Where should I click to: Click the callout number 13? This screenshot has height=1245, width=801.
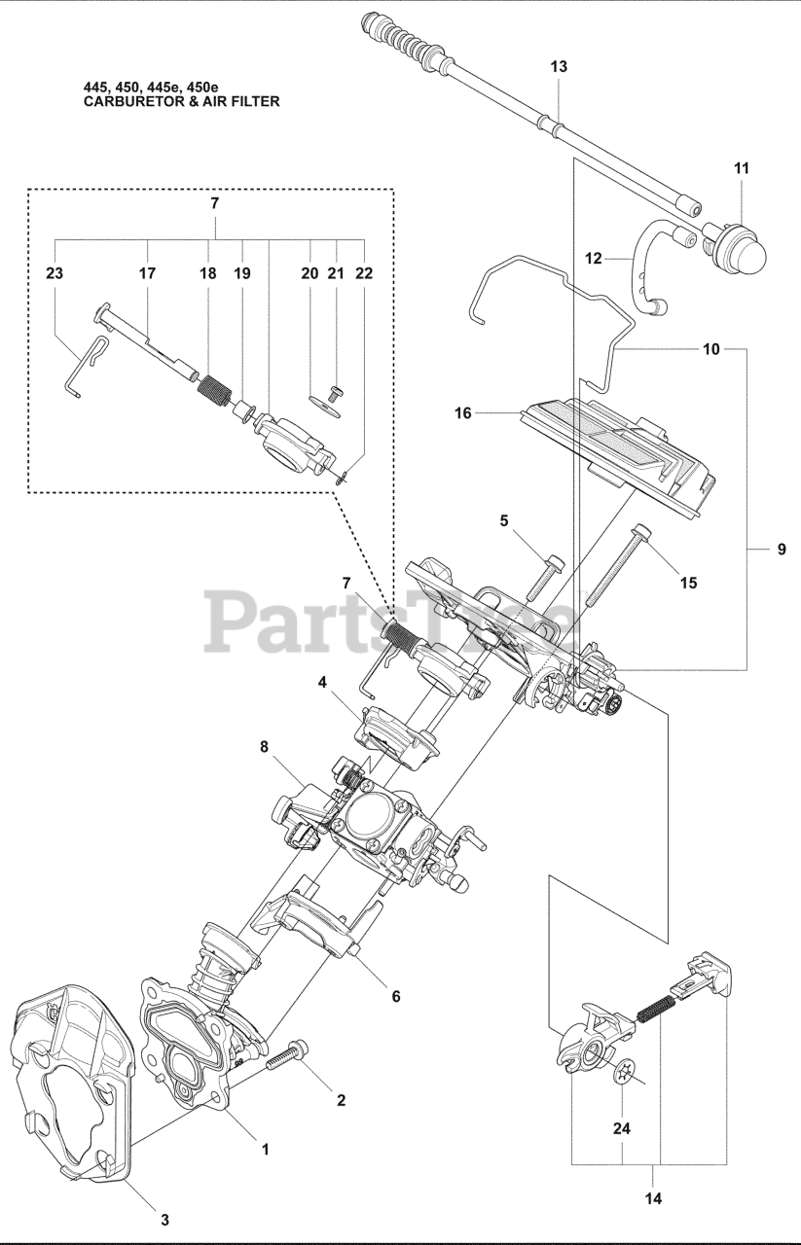click(x=559, y=66)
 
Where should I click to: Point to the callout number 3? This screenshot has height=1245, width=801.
click(x=164, y=1219)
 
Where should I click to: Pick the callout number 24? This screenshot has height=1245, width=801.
click(x=622, y=1130)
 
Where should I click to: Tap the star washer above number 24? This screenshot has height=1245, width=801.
click(x=629, y=1072)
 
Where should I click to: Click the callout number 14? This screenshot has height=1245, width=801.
click(x=652, y=1199)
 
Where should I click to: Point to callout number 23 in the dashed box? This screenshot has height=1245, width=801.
click(x=54, y=274)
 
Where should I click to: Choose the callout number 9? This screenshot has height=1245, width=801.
click(x=782, y=550)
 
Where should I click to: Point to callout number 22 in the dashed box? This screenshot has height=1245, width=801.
click(x=364, y=274)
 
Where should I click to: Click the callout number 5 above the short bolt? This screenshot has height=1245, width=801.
click(x=504, y=520)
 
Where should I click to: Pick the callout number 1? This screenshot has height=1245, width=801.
click(x=265, y=1149)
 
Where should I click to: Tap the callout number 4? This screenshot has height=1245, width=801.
click(x=321, y=682)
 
